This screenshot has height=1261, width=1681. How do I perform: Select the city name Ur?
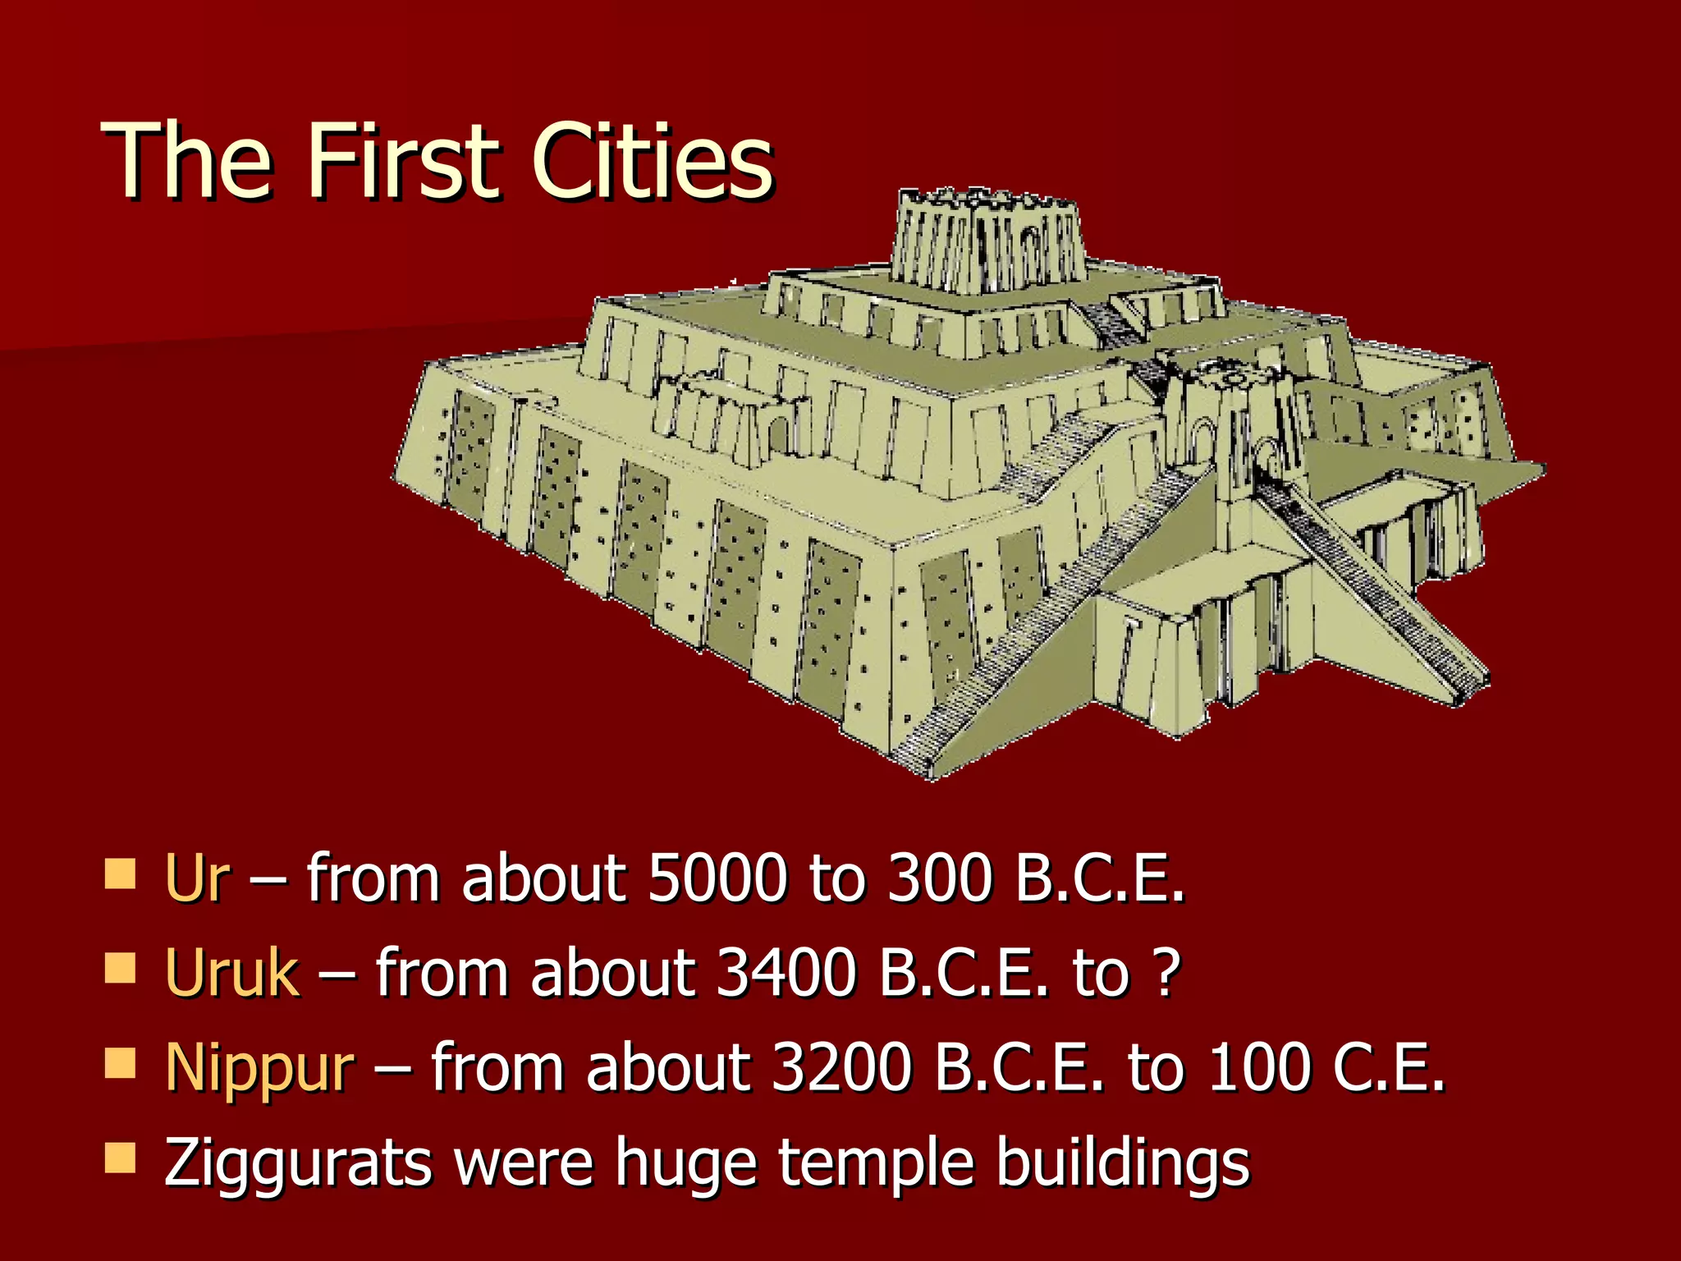(197, 878)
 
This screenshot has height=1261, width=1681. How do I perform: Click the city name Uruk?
(232, 973)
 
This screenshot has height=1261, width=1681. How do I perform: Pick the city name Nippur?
(259, 1067)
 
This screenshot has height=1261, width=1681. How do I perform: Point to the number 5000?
(715, 878)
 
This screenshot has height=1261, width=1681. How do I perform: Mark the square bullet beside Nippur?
(121, 1063)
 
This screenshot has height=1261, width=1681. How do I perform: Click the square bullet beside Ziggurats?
(121, 1158)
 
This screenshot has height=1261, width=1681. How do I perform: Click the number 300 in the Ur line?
(940, 878)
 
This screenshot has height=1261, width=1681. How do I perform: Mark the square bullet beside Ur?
(121, 874)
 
